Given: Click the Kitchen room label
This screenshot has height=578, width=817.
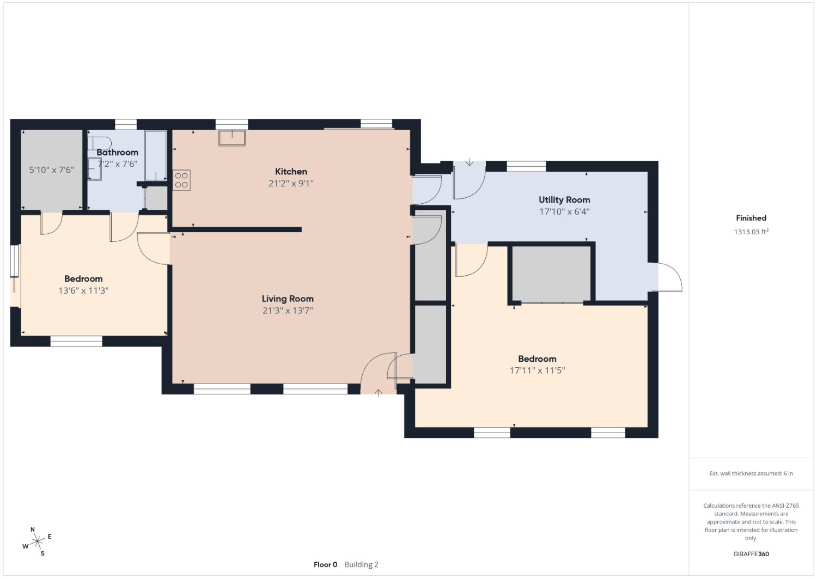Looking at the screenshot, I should click(291, 172).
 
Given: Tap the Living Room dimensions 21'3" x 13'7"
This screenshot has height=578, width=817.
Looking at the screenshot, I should click(288, 311).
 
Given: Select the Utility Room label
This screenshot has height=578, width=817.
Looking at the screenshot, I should click(564, 200).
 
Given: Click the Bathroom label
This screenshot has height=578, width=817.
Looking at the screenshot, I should click(117, 153).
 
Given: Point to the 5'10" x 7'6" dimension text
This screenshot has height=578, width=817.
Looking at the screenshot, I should click(51, 170).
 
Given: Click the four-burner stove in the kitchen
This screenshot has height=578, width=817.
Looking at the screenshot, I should click(181, 180).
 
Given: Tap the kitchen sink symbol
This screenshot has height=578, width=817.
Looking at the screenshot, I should click(232, 137).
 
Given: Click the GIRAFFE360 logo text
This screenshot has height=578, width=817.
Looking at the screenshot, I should click(751, 554).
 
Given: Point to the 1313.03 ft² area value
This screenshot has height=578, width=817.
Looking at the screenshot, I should click(751, 232).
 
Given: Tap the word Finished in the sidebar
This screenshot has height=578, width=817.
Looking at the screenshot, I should click(751, 218).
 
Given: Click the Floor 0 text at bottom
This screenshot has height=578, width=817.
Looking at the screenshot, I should click(325, 564).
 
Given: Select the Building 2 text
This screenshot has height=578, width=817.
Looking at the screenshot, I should click(361, 564).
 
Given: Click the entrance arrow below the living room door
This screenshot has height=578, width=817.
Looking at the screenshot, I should click(379, 392).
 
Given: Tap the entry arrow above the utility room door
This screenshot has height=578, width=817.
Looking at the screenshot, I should click(470, 163).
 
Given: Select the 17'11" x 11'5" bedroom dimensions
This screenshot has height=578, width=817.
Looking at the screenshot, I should click(537, 370).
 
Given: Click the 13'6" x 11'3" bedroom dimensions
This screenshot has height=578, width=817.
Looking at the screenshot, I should click(83, 290).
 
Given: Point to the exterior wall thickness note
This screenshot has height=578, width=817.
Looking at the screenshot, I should click(751, 473).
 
